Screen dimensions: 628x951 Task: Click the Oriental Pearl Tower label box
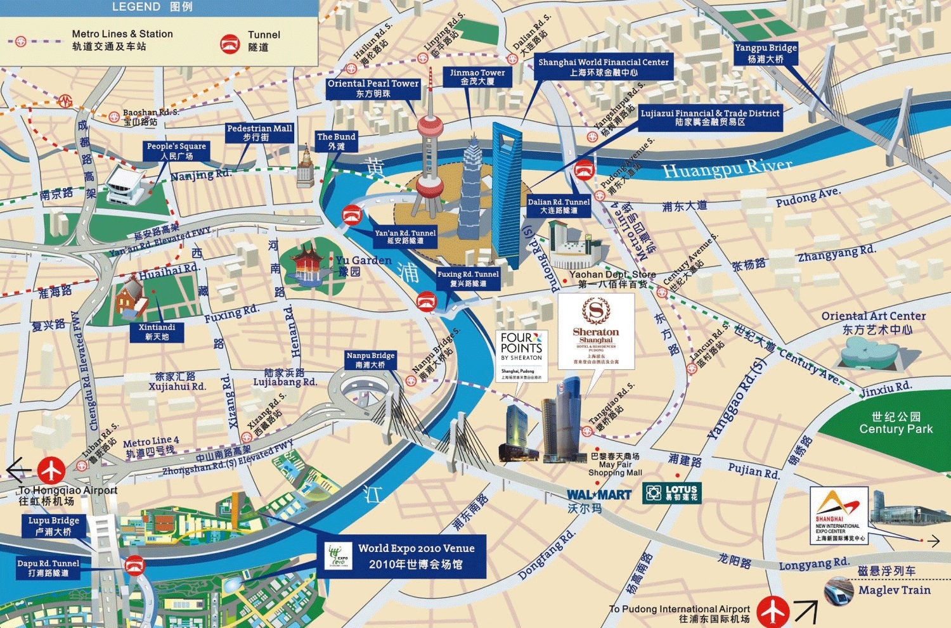pyautogui.click(x=373, y=88)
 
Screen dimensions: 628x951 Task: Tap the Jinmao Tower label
pyautogui.click(x=477, y=77)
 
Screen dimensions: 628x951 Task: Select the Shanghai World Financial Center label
pyautogui.click(x=604, y=67)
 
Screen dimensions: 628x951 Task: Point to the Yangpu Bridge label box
pyautogui.click(x=765, y=53)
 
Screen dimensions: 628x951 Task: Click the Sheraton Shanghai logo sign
pyautogui.click(x=596, y=330)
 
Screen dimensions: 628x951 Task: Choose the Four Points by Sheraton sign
pyautogui.click(x=521, y=355)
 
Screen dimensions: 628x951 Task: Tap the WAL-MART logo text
pyautogui.click(x=599, y=495)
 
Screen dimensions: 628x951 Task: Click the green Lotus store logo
pyautogui.click(x=672, y=492)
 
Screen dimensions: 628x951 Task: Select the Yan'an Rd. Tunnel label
pyautogui.click(x=405, y=237)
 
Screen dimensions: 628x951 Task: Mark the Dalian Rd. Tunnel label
pyautogui.click(x=559, y=206)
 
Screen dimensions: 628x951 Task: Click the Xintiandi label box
pyautogui.click(x=157, y=332)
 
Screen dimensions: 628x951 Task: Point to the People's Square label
pyautogui.click(x=176, y=151)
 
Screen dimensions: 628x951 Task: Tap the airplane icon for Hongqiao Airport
pyautogui.click(x=51, y=470)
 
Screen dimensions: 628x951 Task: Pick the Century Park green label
pyautogui.click(x=896, y=423)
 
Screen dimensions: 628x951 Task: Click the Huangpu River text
pyautogui.click(x=727, y=169)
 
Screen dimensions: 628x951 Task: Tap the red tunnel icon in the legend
pyautogui.click(x=230, y=43)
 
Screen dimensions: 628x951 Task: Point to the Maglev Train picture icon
pyautogui.click(x=839, y=592)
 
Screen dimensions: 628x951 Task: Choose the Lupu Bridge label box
pyautogui.click(x=53, y=526)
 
